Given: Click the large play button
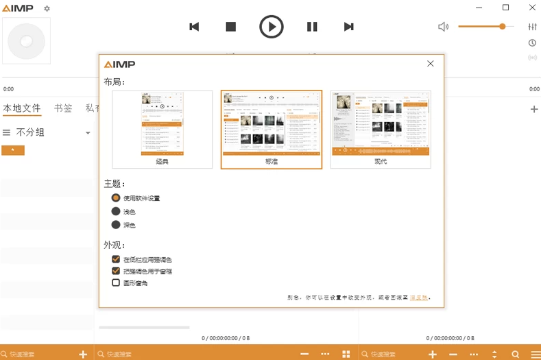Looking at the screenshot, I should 272,27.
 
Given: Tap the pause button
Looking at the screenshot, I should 312,27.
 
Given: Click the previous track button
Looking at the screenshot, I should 194,27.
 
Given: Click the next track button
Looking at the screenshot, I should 348,27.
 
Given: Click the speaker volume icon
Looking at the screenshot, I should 444,27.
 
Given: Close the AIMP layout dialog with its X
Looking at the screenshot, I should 431,64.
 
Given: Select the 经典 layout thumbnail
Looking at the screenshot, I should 163,129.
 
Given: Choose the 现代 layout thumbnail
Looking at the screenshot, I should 381,129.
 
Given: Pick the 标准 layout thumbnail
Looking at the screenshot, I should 272,129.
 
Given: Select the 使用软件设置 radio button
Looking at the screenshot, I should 116,197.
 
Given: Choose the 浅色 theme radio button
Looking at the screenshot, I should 116,211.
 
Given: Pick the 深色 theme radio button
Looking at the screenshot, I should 116,225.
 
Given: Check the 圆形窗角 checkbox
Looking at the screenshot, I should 116,283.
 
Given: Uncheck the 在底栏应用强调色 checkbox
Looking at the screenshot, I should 116,259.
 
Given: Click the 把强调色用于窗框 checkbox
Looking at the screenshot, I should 116,271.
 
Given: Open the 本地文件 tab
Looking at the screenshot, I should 22,108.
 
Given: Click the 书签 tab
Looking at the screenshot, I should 63,108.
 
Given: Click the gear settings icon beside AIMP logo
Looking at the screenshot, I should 47,9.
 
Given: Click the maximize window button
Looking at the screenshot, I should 505,8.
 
